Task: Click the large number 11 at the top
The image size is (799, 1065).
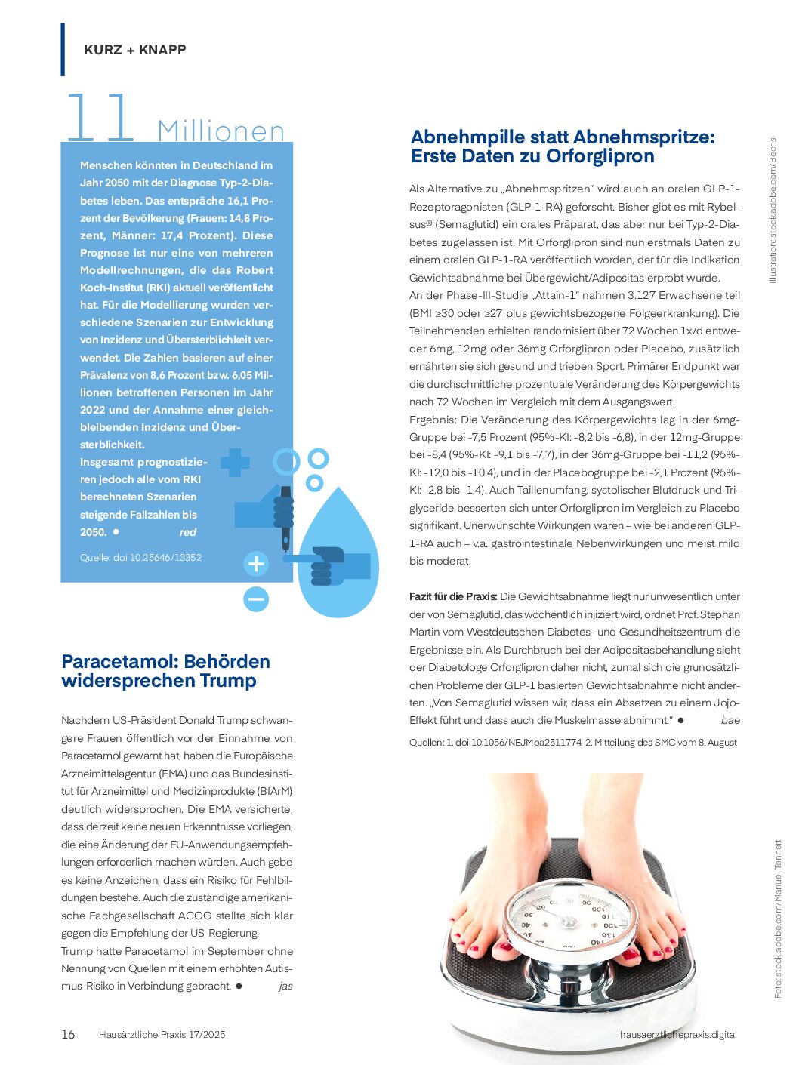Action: (100, 119)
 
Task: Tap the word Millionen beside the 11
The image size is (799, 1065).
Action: (221, 131)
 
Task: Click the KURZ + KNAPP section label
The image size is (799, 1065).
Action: (134, 50)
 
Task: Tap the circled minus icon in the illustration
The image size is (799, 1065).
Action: (256, 599)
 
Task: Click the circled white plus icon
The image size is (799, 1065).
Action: (256, 563)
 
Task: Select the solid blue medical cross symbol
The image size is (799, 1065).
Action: (235, 462)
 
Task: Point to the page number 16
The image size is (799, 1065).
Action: (68, 1035)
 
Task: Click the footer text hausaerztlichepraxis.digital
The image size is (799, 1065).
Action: (677, 1035)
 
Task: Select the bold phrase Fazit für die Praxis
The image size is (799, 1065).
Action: (453, 596)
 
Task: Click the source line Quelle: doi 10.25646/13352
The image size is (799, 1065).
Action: (140, 558)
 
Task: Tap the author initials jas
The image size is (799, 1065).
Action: (285, 987)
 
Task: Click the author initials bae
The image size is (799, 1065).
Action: (730, 721)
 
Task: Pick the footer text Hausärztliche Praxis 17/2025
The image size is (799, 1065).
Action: (162, 1035)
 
